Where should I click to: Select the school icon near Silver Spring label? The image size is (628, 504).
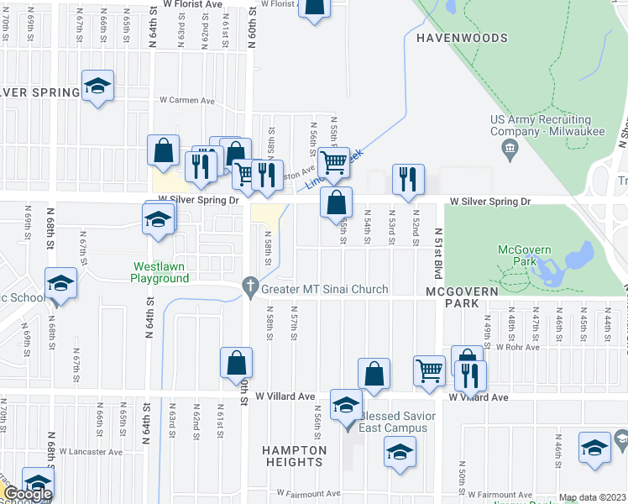(98, 86)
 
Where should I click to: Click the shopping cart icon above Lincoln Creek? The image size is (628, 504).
(334, 161)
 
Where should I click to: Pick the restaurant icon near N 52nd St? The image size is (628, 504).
(408, 178)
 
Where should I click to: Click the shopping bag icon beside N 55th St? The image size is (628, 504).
(336, 202)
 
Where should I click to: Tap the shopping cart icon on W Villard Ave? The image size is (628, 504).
(429, 370)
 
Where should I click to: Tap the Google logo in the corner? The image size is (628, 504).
(27, 494)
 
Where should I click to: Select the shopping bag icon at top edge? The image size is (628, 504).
(314, 6)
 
